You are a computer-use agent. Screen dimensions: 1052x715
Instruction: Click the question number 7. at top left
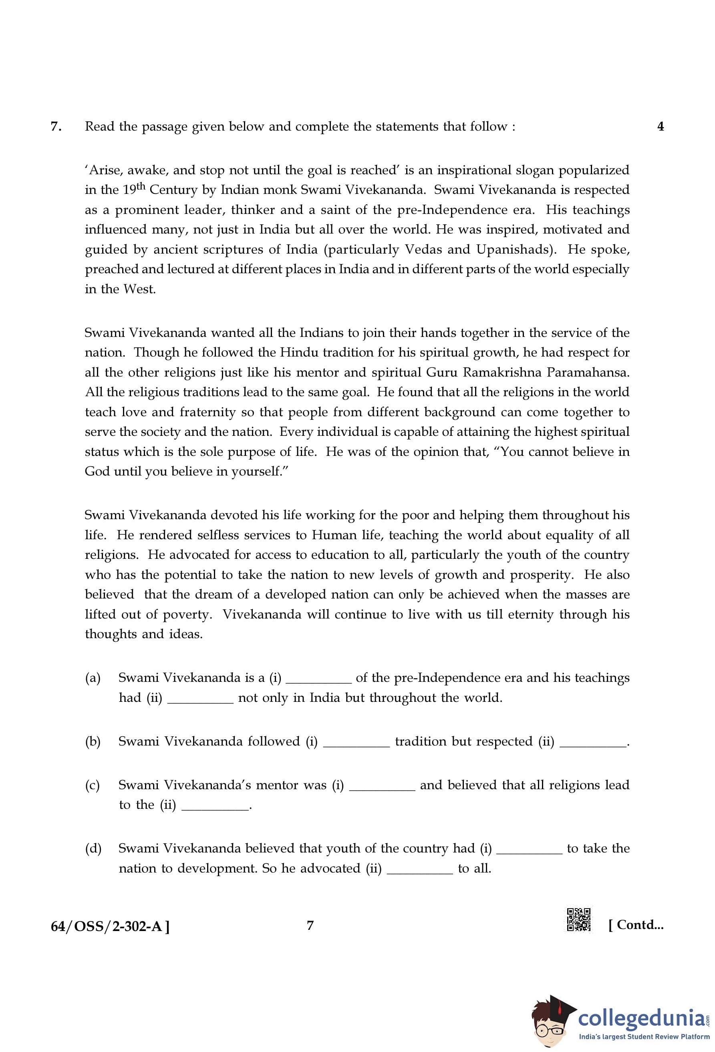click(56, 127)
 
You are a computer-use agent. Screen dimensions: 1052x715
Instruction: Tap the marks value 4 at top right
click(660, 127)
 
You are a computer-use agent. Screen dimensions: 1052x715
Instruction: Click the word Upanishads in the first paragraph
click(515, 250)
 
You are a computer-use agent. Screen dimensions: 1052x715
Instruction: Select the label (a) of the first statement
click(93, 678)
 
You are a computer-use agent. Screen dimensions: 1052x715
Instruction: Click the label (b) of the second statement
click(93, 742)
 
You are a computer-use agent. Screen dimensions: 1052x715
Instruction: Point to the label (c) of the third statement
click(93, 785)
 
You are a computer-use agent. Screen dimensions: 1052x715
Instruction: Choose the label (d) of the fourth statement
click(93, 848)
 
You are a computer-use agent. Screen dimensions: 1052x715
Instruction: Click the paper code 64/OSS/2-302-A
click(110, 926)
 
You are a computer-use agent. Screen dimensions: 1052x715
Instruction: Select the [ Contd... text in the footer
click(636, 925)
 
